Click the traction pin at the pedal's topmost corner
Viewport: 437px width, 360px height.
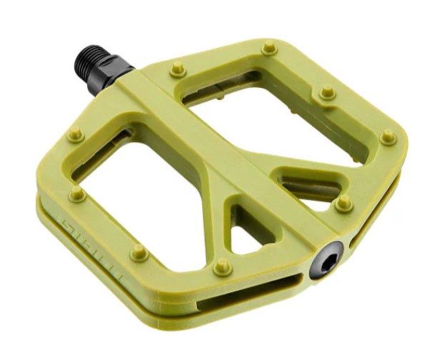[268, 49]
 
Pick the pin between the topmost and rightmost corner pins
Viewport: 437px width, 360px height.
[326, 91]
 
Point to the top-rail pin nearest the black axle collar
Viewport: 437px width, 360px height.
[176, 69]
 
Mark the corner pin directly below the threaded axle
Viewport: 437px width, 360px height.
[74, 133]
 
